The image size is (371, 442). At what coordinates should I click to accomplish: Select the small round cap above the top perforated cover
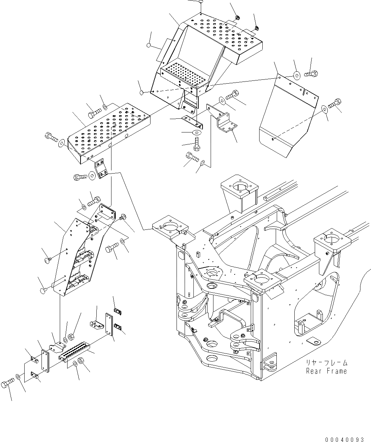click(200, 2)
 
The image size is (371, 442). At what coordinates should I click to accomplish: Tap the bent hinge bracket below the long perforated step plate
click(102, 169)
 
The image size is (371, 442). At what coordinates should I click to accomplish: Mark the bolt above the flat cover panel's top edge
click(311, 74)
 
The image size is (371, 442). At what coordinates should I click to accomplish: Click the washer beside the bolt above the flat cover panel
click(296, 74)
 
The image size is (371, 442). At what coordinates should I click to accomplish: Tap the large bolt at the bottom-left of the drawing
click(7, 383)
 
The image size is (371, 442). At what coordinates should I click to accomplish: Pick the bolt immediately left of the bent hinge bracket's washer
click(80, 177)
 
